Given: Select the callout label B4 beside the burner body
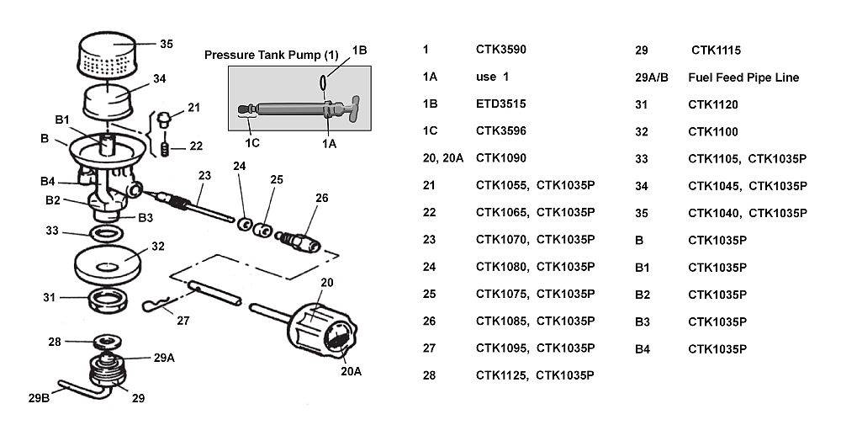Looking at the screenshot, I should coord(48,181).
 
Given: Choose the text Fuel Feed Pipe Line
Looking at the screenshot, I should coord(743,77).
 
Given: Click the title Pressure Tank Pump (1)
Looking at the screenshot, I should coord(271,55).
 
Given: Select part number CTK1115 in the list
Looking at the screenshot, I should coord(717,50).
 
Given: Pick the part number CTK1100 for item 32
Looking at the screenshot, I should coord(713,130).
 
